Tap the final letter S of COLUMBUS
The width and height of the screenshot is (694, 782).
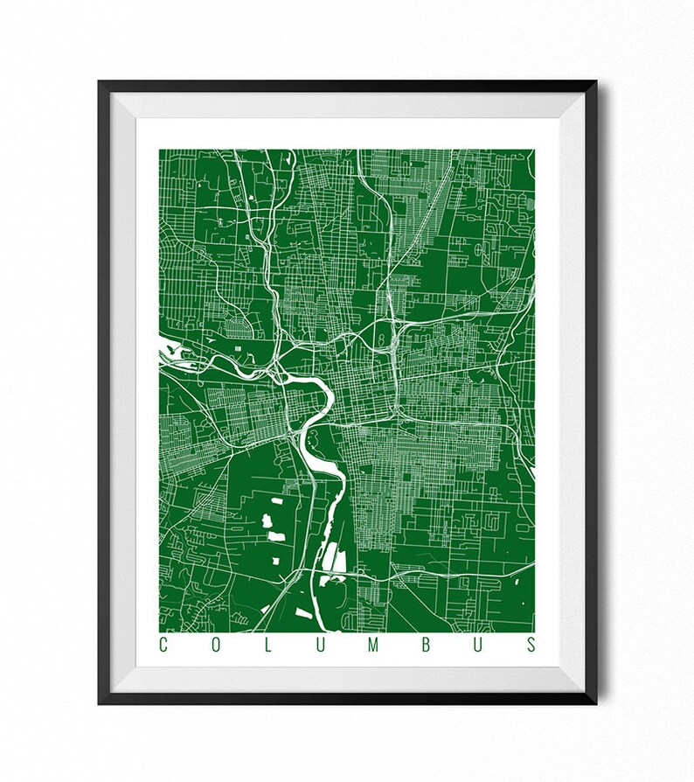pyautogui.click(x=531, y=646)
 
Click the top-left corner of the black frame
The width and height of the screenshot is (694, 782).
pyautogui.click(x=100, y=82)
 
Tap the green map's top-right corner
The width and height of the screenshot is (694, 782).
pyautogui.click(x=535, y=150)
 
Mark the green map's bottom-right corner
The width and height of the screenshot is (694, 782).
pyautogui.click(x=535, y=631)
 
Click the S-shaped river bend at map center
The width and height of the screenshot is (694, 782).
pyautogui.click(x=324, y=399)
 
